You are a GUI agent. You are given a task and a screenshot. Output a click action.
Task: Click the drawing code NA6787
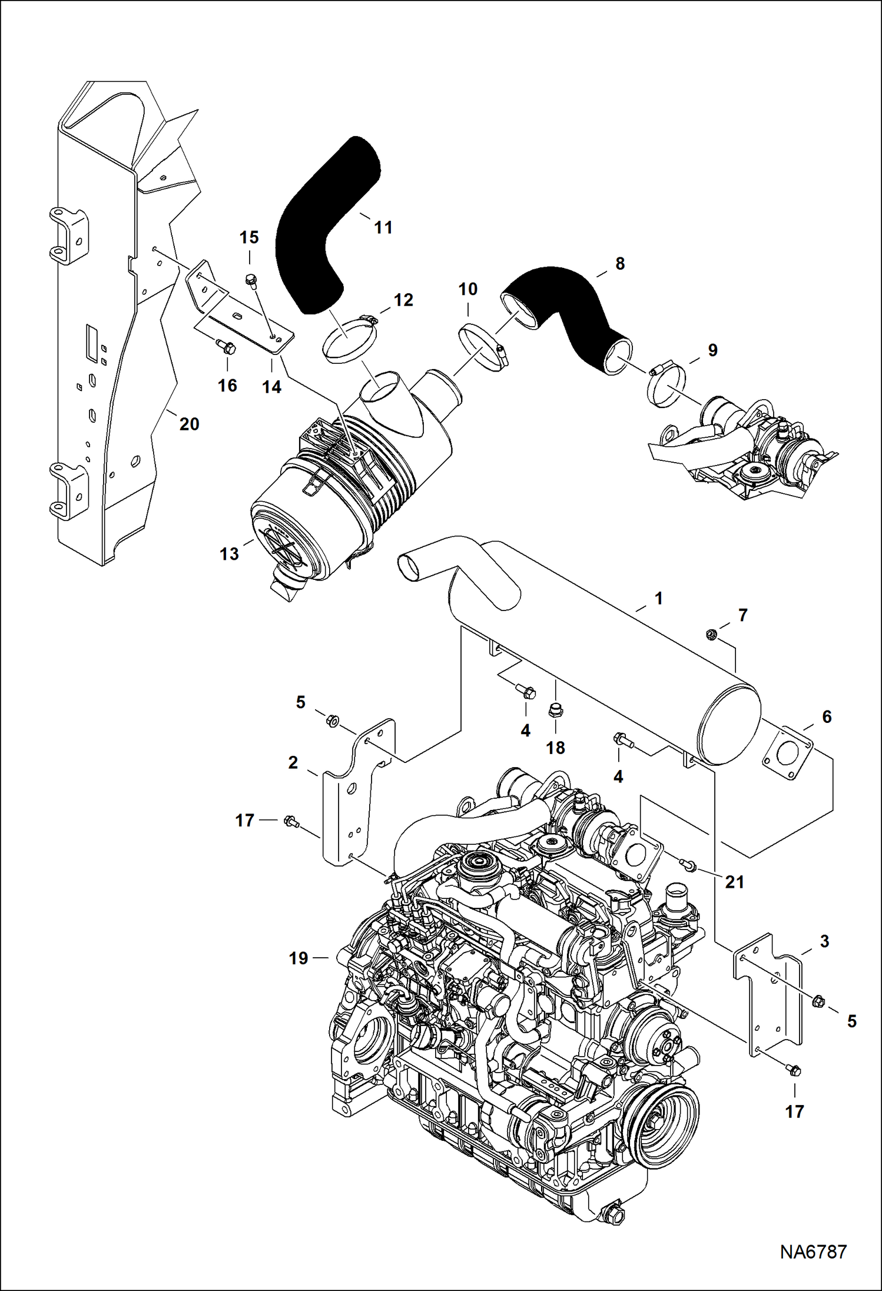pyautogui.click(x=813, y=1252)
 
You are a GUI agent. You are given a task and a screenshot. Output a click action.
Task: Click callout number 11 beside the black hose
pyautogui.click(x=383, y=228)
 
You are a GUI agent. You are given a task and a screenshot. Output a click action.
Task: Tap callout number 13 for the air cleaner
pyautogui.click(x=229, y=554)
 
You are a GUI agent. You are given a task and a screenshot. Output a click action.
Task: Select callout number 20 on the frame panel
pyautogui.click(x=189, y=424)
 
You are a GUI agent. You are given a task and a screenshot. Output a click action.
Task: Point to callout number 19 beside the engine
pyautogui.click(x=299, y=958)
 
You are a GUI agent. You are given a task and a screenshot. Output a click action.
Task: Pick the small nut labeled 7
pyautogui.click(x=711, y=635)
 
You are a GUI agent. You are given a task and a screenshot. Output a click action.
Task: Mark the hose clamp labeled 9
pyautogui.click(x=667, y=385)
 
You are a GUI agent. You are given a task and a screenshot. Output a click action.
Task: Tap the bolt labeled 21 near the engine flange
pyautogui.click(x=688, y=865)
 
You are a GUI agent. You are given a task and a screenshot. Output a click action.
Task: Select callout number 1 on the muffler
pyautogui.click(x=658, y=599)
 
